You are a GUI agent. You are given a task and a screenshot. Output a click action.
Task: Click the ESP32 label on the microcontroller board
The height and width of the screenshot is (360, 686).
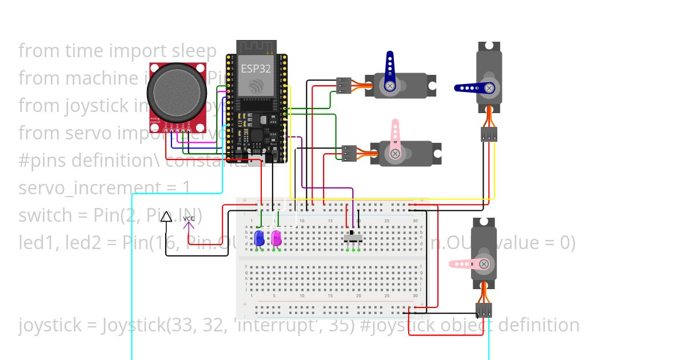[x=256, y=69]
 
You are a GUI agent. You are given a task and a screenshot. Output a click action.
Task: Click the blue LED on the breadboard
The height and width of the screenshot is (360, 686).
[x=259, y=237]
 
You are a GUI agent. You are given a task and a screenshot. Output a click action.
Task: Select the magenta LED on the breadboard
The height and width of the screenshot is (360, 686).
[x=276, y=237]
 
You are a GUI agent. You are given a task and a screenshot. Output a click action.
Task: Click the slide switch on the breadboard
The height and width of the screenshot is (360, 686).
[x=352, y=235]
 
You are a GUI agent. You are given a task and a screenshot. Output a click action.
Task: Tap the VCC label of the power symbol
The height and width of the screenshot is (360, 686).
[x=189, y=219]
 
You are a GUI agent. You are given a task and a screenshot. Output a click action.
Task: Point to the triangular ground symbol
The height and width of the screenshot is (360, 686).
[x=166, y=217]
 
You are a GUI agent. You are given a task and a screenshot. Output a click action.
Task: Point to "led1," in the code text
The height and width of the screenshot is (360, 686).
[x=39, y=243]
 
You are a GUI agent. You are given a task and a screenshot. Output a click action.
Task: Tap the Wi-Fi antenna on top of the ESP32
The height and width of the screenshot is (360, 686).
[x=256, y=46]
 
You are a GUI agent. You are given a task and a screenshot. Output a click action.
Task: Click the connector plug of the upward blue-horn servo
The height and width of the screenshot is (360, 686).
[x=344, y=85]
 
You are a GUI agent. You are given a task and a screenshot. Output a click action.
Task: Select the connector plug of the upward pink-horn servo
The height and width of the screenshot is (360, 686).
[x=349, y=153]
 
